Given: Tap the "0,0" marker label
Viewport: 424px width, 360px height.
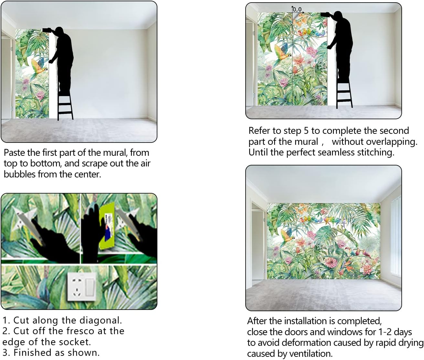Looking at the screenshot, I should (297, 9).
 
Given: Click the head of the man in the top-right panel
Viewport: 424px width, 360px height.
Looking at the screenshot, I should (338, 16).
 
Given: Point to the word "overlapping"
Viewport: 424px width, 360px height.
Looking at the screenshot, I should (391, 142).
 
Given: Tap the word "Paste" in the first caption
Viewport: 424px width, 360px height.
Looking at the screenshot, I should (14, 153).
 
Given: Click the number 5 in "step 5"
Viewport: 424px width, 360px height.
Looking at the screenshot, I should (306, 131).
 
